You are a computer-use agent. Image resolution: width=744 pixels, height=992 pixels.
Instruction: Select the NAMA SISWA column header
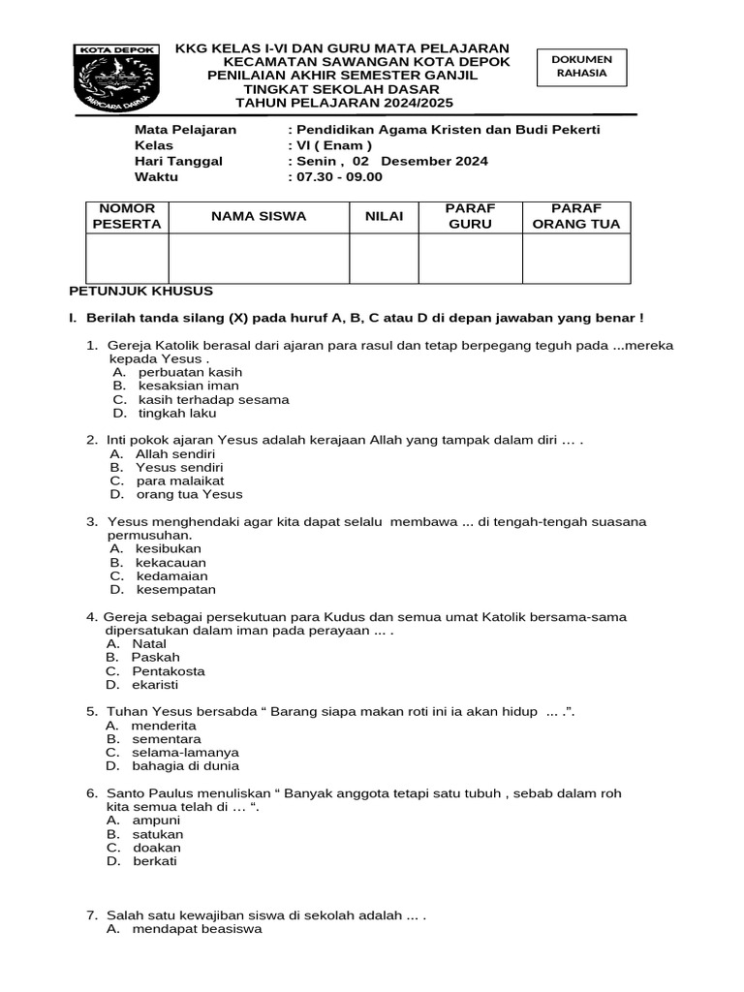tap(259, 216)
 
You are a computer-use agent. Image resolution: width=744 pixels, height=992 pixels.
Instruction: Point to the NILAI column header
tap(384, 216)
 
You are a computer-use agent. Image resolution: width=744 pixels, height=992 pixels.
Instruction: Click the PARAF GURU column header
tap(470, 216)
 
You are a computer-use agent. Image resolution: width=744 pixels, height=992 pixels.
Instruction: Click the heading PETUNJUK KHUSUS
tap(140, 291)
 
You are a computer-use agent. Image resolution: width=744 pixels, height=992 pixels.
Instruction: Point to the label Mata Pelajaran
tap(185, 130)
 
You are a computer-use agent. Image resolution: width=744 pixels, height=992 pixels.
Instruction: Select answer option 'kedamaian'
tap(172, 575)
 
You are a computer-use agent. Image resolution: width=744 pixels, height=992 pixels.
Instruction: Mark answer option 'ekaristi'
tap(155, 684)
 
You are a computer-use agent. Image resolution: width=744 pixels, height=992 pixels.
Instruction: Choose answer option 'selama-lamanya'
tap(185, 752)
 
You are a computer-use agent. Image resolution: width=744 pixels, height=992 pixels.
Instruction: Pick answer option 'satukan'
tap(158, 834)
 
